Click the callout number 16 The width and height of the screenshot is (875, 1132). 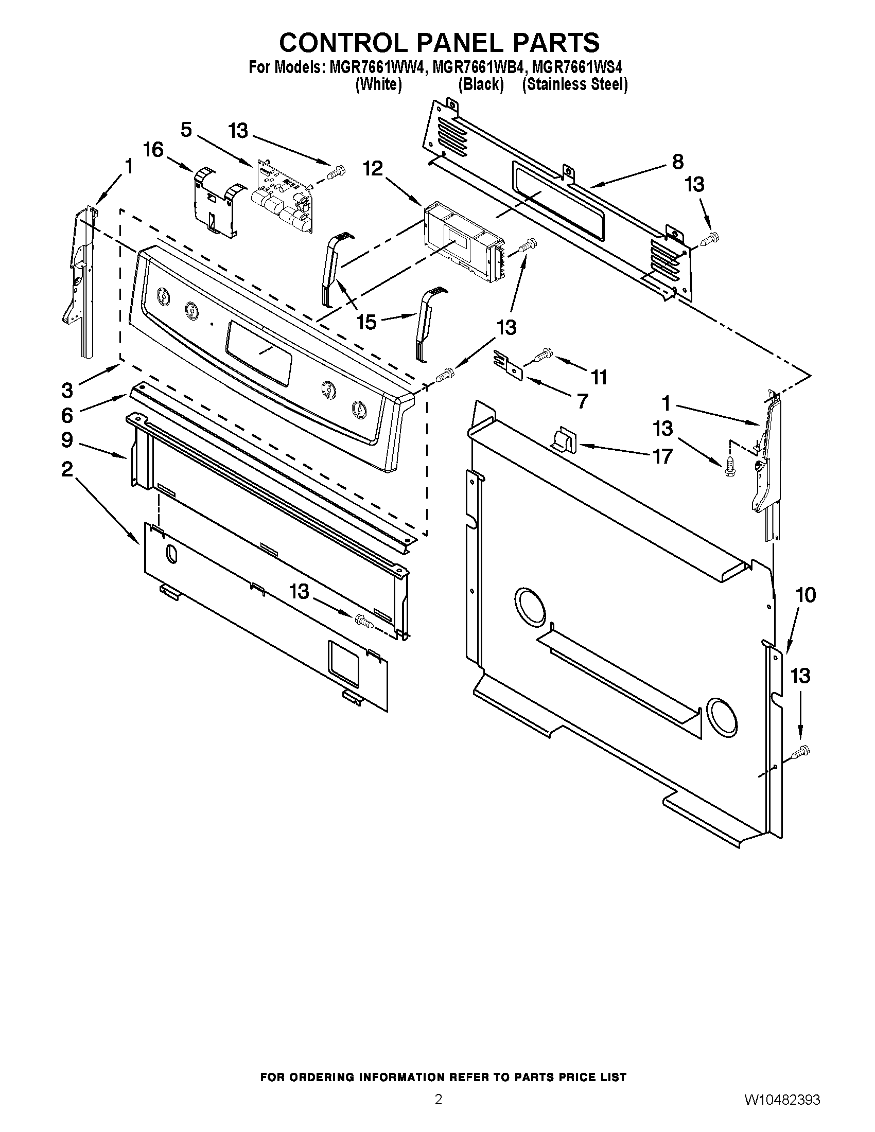[153, 150]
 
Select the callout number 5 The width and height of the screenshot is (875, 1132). [186, 130]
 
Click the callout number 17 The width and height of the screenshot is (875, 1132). [662, 456]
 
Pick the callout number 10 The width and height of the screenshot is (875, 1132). [806, 595]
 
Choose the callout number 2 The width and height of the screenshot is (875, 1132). [67, 469]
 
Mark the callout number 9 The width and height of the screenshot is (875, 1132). [67, 440]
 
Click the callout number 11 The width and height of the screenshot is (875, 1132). [599, 377]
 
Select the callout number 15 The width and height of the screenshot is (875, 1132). [366, 322]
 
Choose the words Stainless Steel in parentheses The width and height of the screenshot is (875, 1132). [575, 84]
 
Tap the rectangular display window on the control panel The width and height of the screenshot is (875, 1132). [258, 352]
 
